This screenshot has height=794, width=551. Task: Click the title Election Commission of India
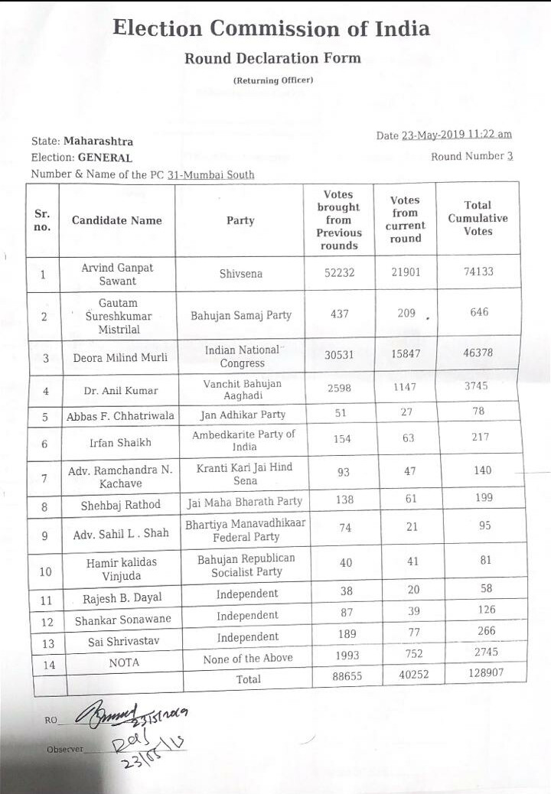(271, 29)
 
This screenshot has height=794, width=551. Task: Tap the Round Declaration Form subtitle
(272, 58)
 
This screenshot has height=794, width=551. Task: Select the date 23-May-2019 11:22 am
(457, 135)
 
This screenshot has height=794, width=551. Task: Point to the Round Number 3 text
(472, 157)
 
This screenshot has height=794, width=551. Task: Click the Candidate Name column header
(117, 220)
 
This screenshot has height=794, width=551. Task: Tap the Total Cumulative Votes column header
(478, 218)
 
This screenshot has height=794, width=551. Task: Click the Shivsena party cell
(240, 272)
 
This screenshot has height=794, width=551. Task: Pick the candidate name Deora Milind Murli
(116, 358)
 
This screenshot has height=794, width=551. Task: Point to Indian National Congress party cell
(242, 356)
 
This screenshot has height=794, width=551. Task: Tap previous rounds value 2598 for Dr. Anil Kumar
(339, 389)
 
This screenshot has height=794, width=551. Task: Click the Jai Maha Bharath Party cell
(244, 502)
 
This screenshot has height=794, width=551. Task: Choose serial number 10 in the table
(45, 571)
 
